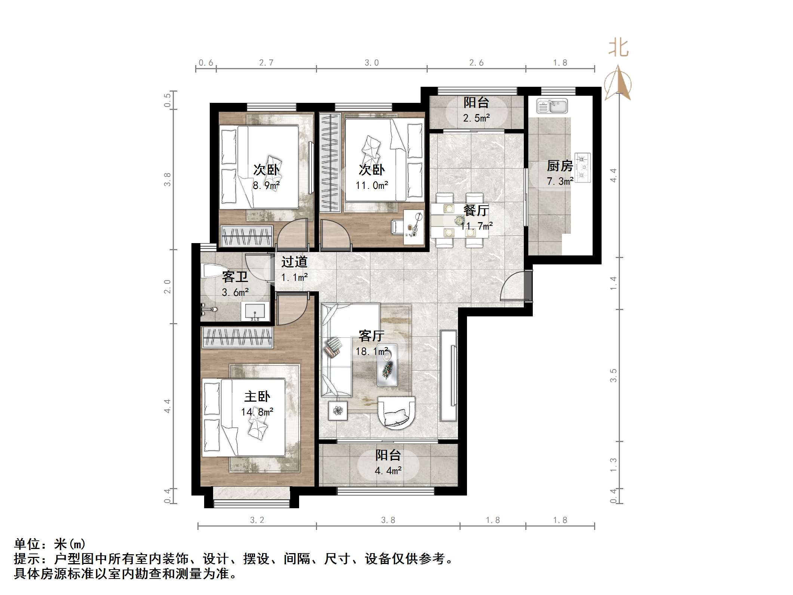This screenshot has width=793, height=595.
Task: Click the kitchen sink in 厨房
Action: pos(552,106)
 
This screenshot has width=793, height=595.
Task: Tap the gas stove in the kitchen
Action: pos(582,168)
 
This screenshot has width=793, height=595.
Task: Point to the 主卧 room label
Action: pos(257,396)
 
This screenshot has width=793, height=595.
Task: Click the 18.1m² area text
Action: pos(372,352)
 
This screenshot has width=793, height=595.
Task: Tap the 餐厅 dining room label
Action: pos(476,211)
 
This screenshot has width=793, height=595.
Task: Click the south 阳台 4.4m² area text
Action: pos(388,470)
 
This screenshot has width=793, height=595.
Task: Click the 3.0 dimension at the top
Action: pos(372,63)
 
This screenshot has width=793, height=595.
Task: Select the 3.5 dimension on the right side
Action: pos(613,375)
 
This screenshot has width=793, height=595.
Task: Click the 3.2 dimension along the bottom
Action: pos(257,520)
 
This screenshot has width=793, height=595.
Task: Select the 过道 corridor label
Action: pos(294,261)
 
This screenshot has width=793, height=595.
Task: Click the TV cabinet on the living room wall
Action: pos(449,375)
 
